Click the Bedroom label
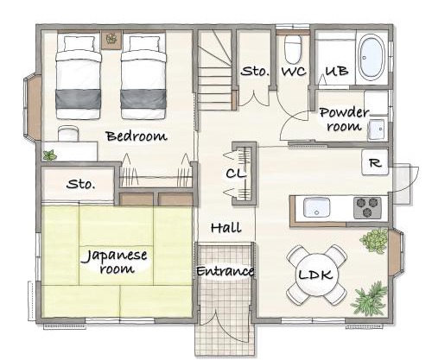pos(137,136)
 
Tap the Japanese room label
pos(117,262)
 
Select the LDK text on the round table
pos(316,275)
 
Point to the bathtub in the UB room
pos(372,58)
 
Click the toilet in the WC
pos(293,48)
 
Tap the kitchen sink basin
pos(316,207)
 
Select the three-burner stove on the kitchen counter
pos(367,207)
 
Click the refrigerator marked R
pos(375,162)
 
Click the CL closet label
pos(236,174)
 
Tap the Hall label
pos(226,228)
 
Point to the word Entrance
pos(225,271)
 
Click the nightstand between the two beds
pos(111,40)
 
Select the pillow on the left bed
pos(79,44)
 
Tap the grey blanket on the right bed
pos(143,98)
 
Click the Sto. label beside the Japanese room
pos(80,184)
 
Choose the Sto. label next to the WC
pos(255,71)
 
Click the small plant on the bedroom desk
pos(50,155)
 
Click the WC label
pos(294,71)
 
